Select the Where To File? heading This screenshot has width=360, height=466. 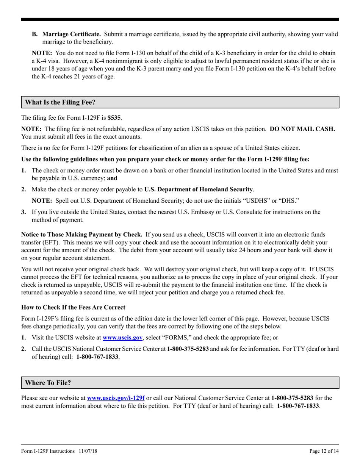pos(48,383)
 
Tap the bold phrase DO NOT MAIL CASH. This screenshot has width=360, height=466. pos(302,129)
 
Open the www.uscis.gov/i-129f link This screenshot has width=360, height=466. pos(116,398)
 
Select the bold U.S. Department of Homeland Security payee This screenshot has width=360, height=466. pos(199,189)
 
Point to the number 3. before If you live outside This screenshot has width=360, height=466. pos(23,212)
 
